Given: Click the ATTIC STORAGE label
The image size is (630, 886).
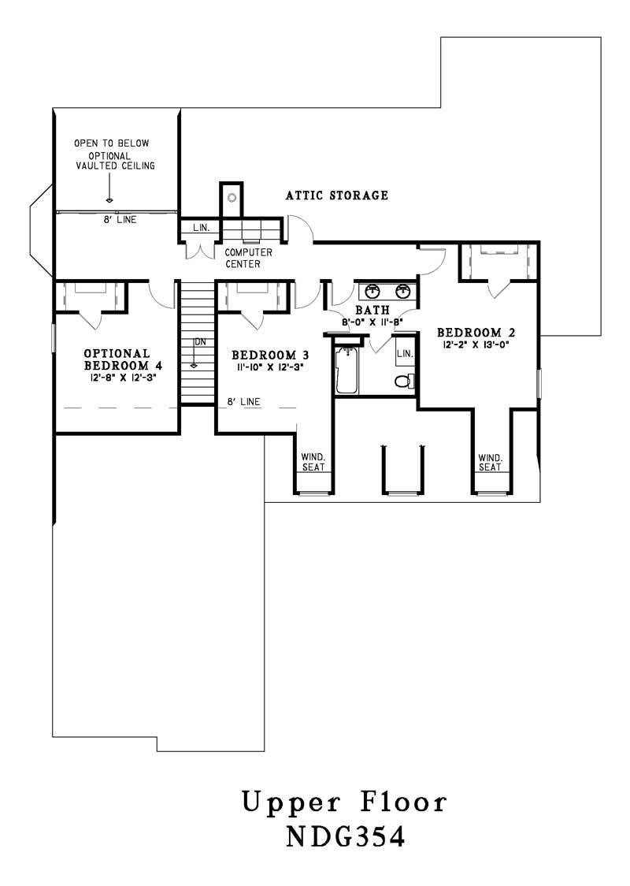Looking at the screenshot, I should tap(336, 195).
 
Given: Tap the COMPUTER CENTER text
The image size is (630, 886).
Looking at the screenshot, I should tap(248, 259).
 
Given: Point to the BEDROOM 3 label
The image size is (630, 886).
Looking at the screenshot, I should tap(264, 355).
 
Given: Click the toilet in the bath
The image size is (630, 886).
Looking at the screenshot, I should tap(403, 382).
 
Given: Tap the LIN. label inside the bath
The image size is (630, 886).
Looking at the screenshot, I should tap(404, 353).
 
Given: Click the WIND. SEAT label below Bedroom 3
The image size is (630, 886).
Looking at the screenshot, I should tap(313, 462).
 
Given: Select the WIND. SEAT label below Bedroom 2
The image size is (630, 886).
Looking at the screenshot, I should tap(490, 462).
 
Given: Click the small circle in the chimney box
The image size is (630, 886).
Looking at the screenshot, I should tap(232, 196).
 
